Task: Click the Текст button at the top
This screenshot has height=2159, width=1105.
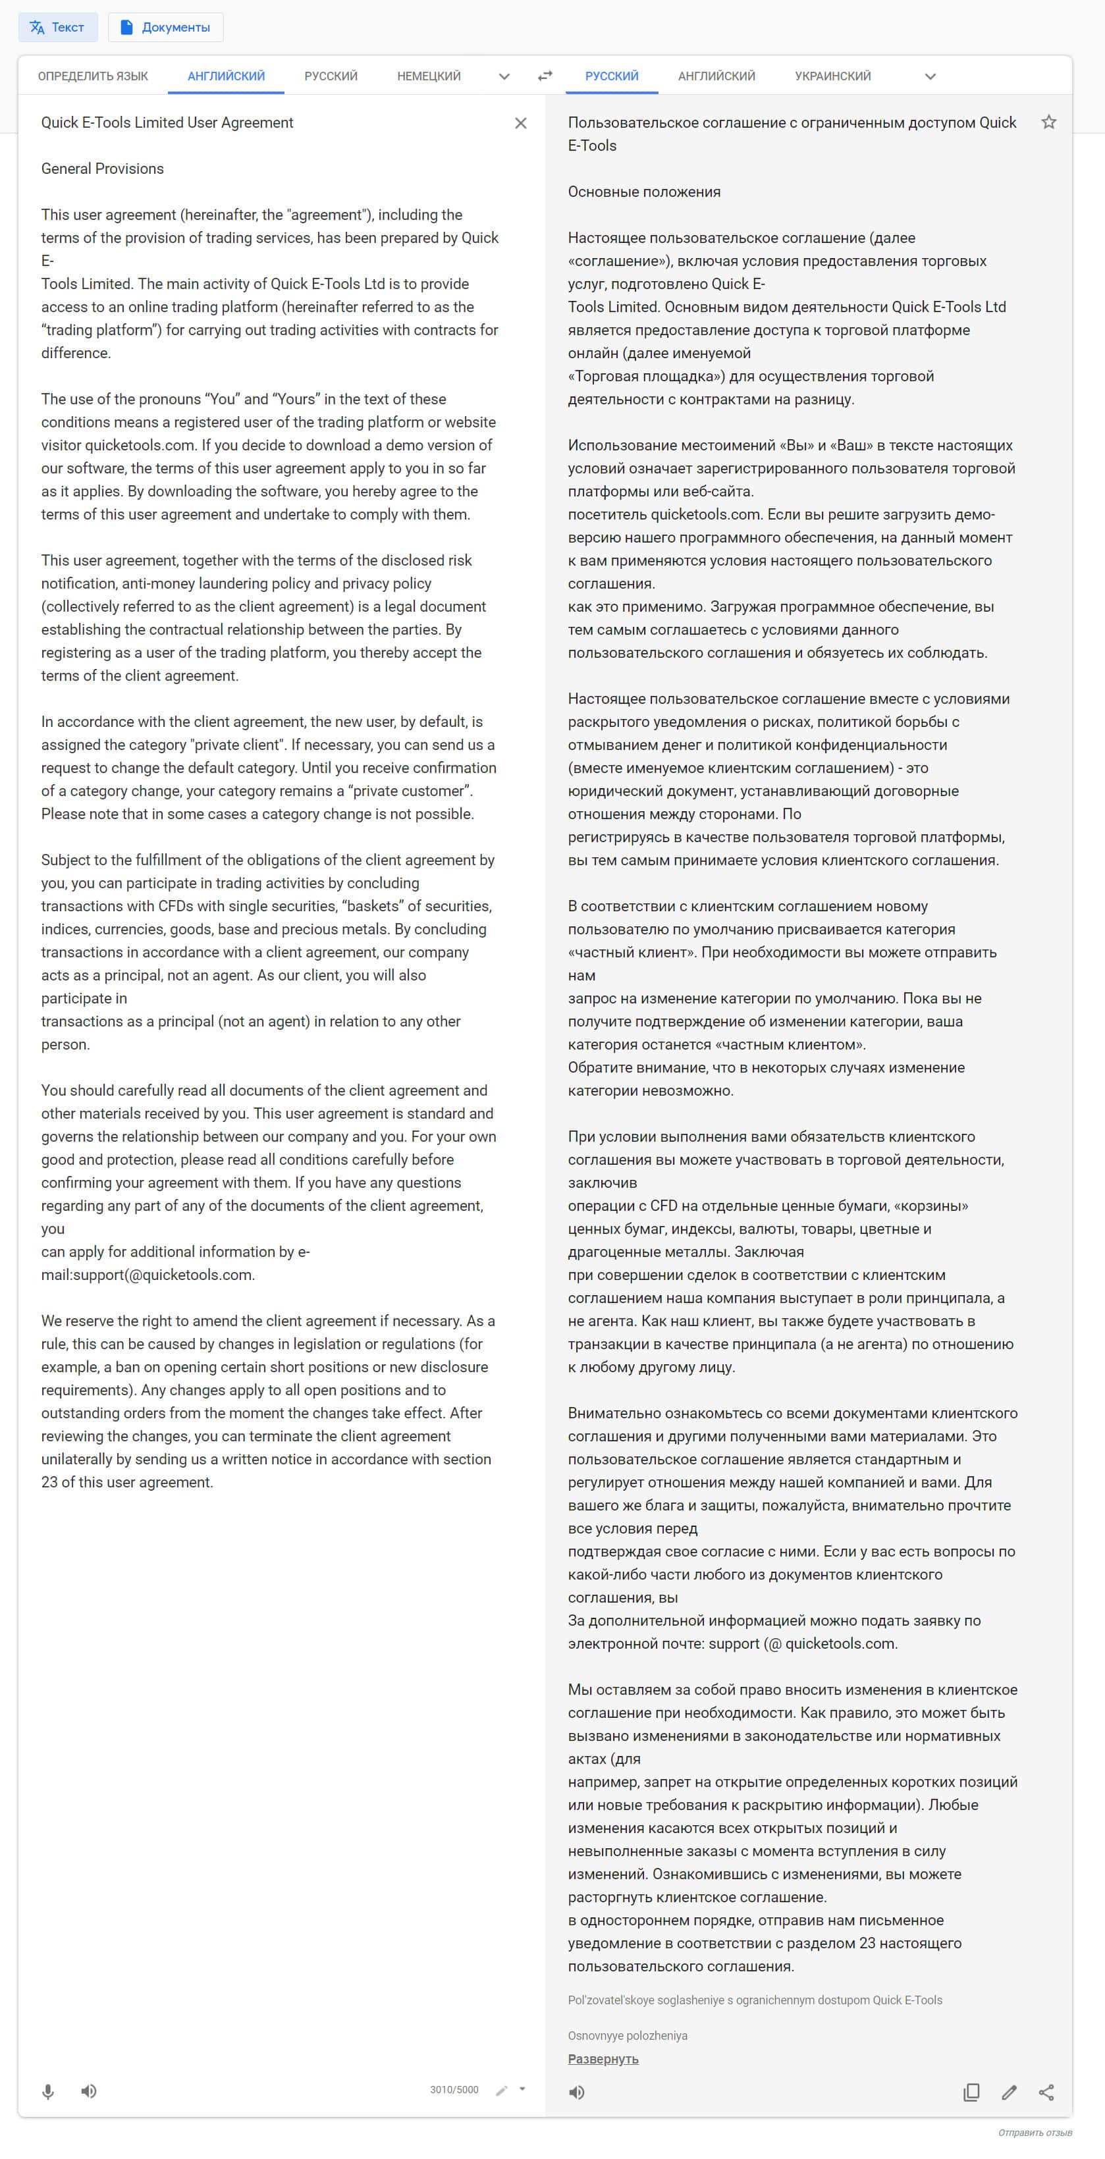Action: (x=57, y=28)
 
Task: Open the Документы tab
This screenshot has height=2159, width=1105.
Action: (x=165, y=28)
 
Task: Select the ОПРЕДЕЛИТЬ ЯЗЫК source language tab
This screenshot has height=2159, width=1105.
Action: (x=92, y=76)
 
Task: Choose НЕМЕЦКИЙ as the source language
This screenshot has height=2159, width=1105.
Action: (x=429, y=76)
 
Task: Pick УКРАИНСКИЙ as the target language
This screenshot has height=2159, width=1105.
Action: (x=832, y=76)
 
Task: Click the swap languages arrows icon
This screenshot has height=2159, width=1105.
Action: (x=545, y=76)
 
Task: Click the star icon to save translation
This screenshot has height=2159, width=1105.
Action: (x=1048, y=122)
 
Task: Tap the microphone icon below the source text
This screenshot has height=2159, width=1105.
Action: (x=49, y=2091)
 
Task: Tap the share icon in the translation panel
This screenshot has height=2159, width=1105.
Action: (x=1046, y=2092)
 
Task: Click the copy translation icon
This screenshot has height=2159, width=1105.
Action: (x=971, y=2092)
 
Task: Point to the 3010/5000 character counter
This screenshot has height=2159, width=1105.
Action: (x=454, y=2089)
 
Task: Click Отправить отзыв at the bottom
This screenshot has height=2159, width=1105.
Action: (x=1035, y=2132)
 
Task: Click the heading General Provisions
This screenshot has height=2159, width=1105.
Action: (x=102, y=169)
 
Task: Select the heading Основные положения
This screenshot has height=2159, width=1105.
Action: (x=644, y=192)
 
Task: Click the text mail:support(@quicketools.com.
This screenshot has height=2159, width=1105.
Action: (x=148, y=1275)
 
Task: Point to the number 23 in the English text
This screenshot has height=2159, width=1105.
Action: (x=49, y=1481)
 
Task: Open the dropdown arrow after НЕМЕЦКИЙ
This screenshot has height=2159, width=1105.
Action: (x=504, y=76)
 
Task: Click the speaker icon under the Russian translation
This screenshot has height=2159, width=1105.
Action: (x=577, y=2092)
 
